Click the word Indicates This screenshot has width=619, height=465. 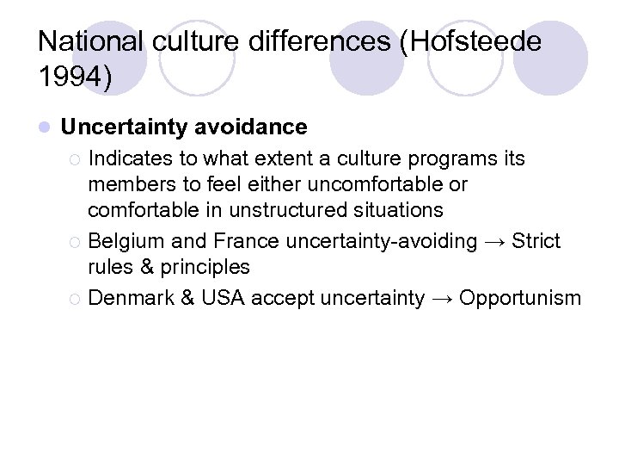[x=128, y=159]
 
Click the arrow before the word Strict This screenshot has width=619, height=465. [x=493, y=242]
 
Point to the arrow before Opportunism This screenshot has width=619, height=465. [x=442, y=299]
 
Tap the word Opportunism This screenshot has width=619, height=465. [x=520, y=299]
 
